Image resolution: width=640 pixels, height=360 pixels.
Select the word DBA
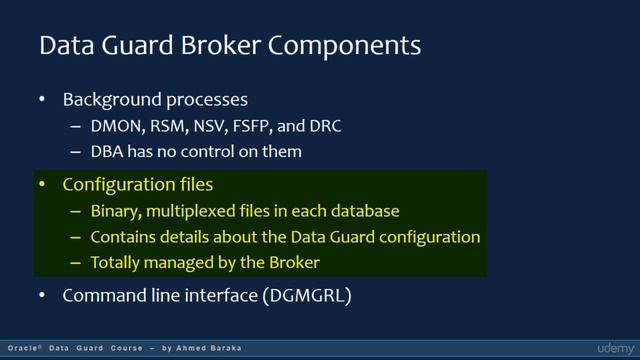click(x=108, y=152)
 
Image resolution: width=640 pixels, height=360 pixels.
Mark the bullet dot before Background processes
click(x=42, y=100)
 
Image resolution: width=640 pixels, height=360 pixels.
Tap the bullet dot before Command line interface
click(x=42, y=296)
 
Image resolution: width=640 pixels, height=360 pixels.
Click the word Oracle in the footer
click(x=19, y=348)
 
